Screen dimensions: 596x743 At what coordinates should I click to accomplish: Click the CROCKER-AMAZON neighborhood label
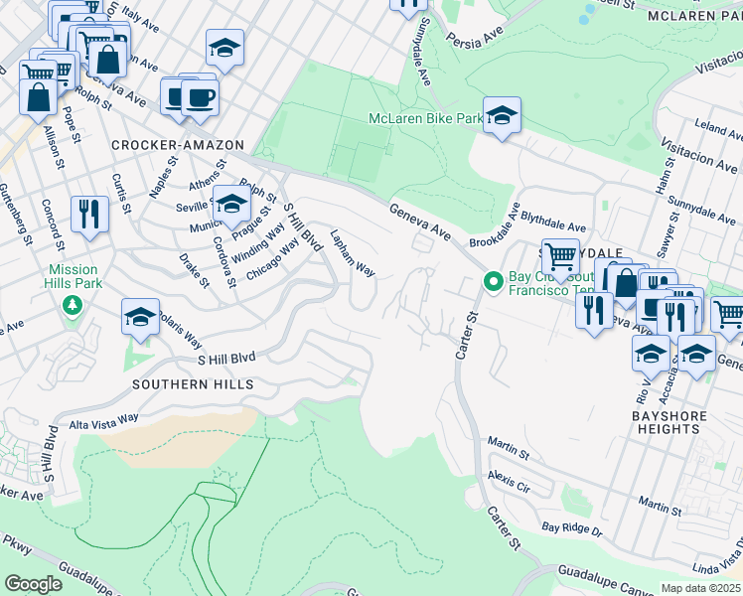(178, 145)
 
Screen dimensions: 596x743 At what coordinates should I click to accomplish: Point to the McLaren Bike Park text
(425, 118)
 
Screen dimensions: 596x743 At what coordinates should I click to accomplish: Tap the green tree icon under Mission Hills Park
(73, 304)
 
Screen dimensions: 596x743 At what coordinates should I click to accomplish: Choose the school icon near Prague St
(231, 203)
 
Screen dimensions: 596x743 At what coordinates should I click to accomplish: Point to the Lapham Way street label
(352, 254)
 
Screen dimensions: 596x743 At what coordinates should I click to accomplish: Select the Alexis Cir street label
(509, 483)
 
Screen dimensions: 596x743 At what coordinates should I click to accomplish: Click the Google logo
(33, 583)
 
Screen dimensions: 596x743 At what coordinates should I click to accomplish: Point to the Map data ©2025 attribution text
(700, 588)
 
